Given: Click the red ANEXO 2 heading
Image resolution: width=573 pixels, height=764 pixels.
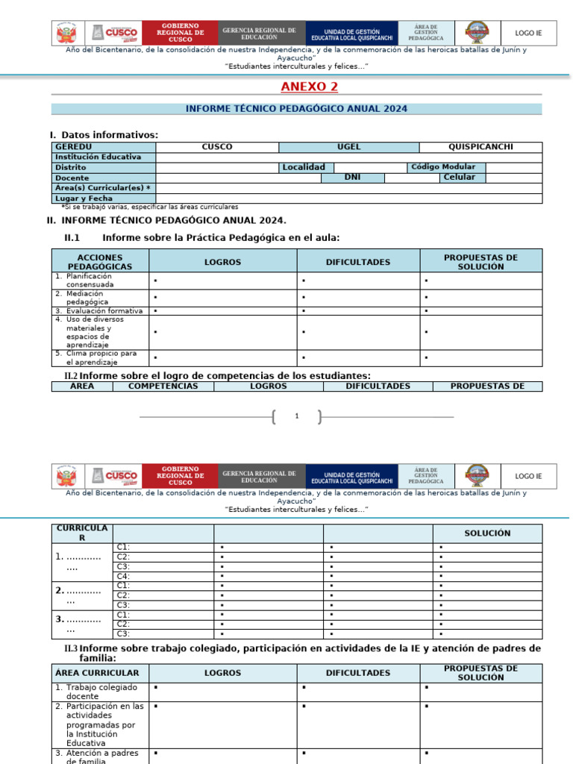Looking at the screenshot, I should (x=309, y=87).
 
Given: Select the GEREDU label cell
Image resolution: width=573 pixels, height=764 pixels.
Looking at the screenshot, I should (x=73, y=147).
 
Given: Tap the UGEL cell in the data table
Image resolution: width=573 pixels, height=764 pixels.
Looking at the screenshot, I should (x=348, y=147).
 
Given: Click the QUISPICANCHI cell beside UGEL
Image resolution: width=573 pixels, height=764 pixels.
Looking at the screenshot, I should (x=480, y=147).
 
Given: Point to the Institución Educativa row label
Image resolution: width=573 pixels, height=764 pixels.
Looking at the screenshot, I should (x=98, y=157).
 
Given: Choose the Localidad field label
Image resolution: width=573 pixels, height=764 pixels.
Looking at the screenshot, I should (x=303, y=168).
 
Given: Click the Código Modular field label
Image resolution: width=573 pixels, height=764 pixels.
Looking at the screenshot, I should (x=443, y=167).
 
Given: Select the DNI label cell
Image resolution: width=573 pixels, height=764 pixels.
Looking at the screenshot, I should (x=352, y=178).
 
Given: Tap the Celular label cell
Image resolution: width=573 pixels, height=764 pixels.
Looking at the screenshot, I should (x=459, y=178).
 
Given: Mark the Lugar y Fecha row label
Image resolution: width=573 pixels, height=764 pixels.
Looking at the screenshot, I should (x=84, y=198).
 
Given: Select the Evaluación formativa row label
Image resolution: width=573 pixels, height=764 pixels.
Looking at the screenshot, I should (x=99, y=310).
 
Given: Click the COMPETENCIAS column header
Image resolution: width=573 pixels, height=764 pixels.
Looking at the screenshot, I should (x=163, y=386).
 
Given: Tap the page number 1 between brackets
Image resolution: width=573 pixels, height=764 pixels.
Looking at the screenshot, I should (x=297, y=416).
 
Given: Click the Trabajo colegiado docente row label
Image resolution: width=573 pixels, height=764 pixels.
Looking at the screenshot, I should (x=100, y=692).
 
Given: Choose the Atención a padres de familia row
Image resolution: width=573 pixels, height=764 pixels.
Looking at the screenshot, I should (x=100, y=757).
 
